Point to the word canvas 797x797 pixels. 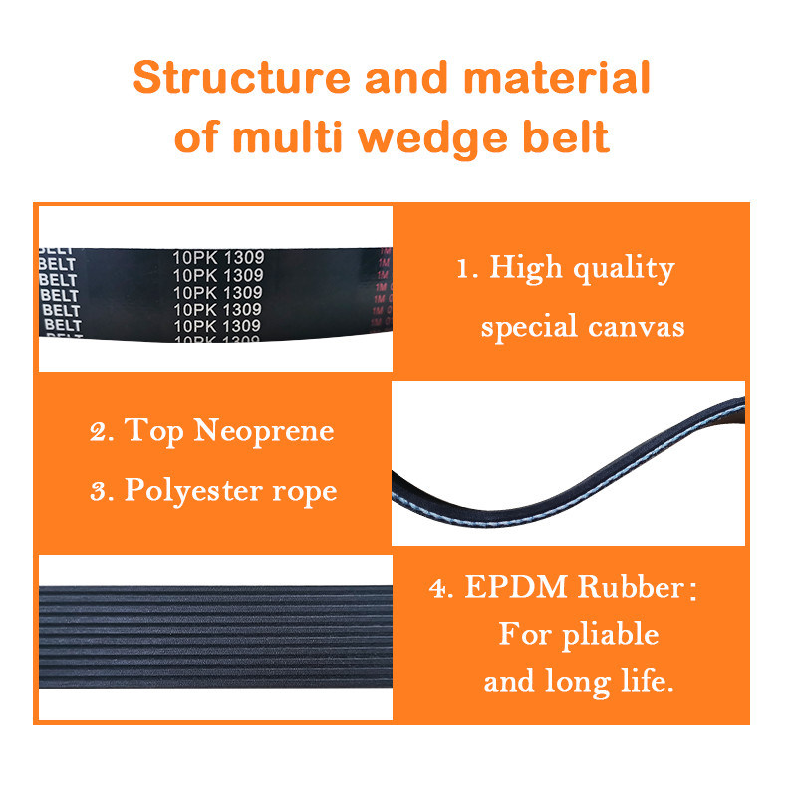point(637,327)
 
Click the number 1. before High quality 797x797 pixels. point(465,269)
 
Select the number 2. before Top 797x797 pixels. point(101,432)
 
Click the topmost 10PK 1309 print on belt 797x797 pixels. point(217,257)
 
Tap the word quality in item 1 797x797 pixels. point(626,269)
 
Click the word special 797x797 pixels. point(528,327)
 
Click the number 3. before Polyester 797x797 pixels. point(101,492)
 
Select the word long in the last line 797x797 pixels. point(577,683)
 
